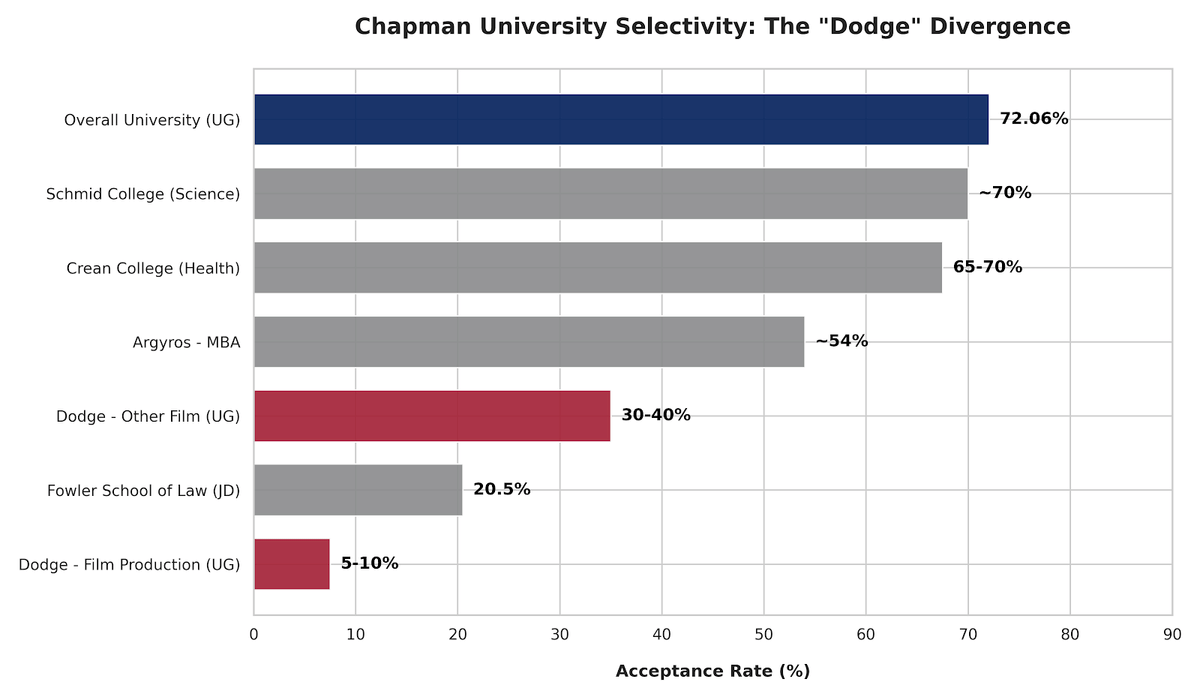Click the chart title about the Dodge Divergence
tap(712, 27)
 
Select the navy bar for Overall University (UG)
tap(621, 119)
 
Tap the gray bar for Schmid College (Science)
tap(611, 193)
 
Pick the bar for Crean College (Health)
tap(598, 267)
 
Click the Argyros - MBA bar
tap(529, 341)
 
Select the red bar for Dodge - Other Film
tap(432, 415)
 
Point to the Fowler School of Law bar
tap(358, 489)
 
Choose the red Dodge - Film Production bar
tap(292, 563)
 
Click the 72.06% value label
tap(1034, 119)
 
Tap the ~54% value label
tap(841, 341)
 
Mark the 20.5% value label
tap(502, 489)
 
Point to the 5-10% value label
tap(370, 563)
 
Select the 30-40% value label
tap(656, 415)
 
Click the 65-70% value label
tap(988, 267)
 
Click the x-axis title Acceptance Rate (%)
tap(712, 671)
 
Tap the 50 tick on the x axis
tap(764, 635)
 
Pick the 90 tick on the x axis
tap(1171, 635)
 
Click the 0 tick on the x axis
tap(254, 635)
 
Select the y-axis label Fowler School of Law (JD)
tap(143, 490)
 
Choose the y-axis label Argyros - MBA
tap(186, 342)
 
